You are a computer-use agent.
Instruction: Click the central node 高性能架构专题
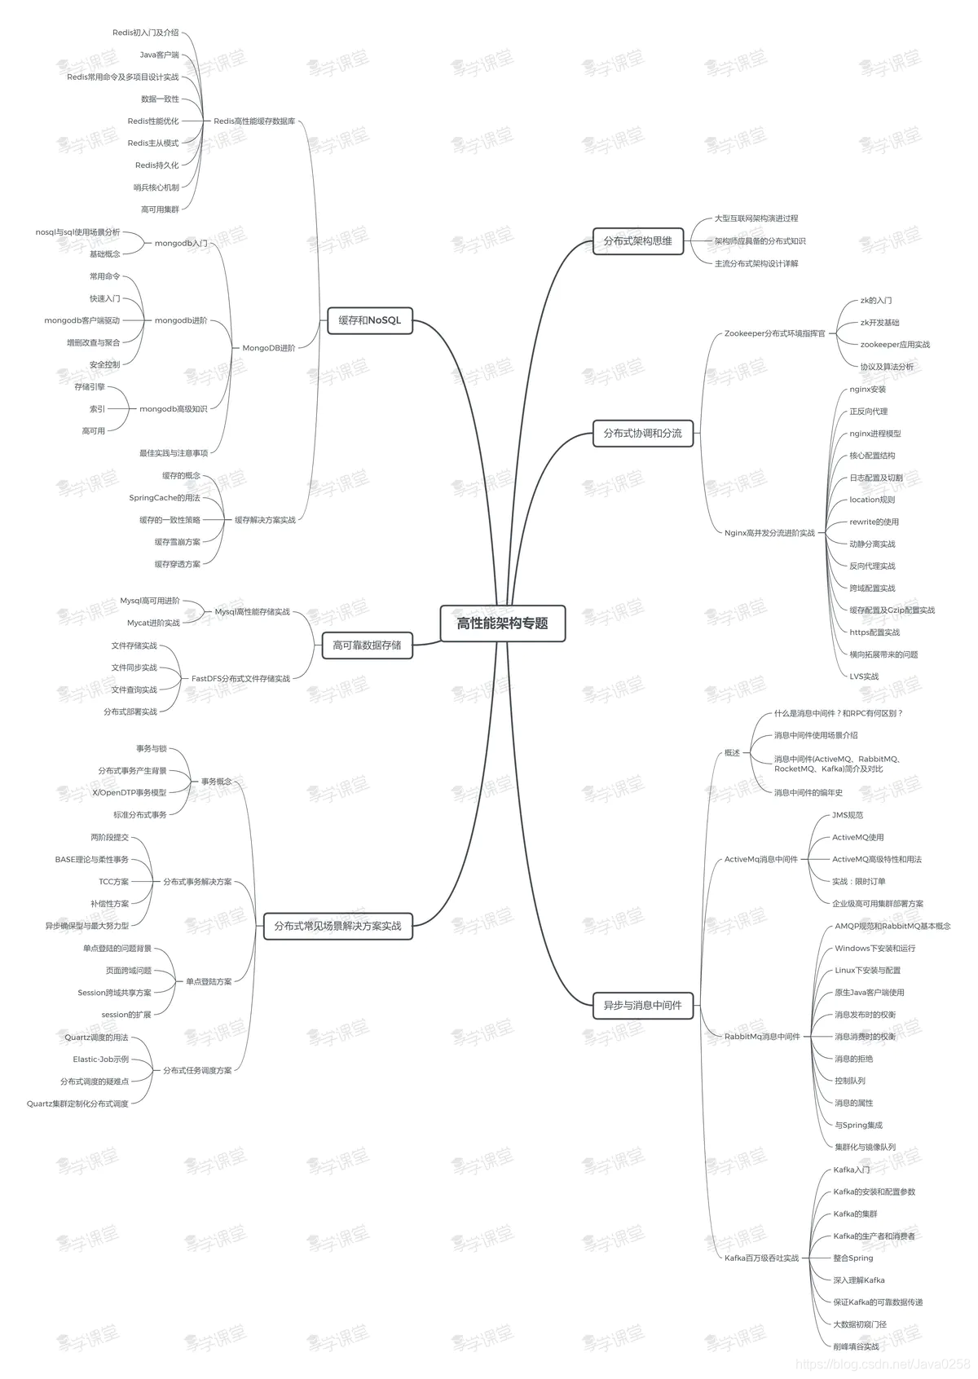tap(502, 623)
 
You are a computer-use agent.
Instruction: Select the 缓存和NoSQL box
tap(369, 320)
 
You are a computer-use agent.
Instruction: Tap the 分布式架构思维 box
tap(637, 241)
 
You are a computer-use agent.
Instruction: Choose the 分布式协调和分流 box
tap(642, 434)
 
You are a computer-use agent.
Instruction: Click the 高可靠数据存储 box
tap(367, 645)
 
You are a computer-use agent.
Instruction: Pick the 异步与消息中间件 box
tap(642, 1006)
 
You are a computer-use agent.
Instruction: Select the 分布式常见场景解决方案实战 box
tap(337, 926)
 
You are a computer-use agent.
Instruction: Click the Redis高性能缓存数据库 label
tap(254, 121)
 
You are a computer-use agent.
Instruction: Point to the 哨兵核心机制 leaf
tap(156, 187)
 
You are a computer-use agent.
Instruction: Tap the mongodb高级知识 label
tap(174, 409)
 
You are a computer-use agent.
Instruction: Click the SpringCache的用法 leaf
tap(165, 498)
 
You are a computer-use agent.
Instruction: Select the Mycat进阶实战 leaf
tap(153, 623)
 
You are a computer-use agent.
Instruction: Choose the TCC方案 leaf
tap(114, 882)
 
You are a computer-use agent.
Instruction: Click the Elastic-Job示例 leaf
tap(101, 1060)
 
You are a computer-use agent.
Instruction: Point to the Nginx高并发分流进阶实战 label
tap(769, 533)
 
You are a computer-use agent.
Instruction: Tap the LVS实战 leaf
tap(864, 676)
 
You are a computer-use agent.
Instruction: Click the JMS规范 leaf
tap(848, 815)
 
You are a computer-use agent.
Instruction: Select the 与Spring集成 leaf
tap(858, 1126)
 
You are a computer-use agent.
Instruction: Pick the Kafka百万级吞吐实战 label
tap(761, 1258)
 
